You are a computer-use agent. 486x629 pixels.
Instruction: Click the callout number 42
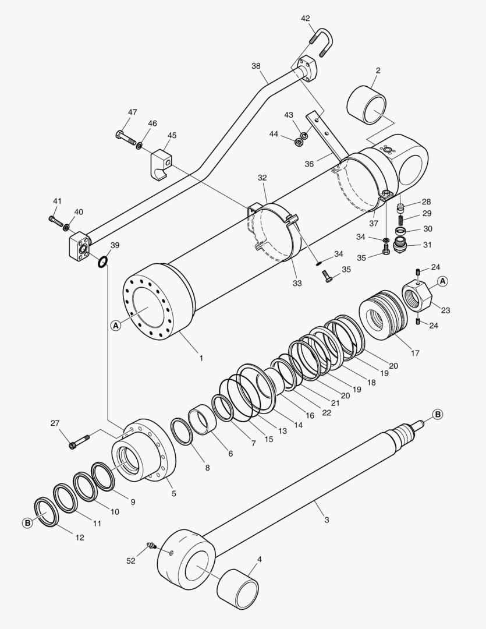pyautogui.click(x=305, y=18)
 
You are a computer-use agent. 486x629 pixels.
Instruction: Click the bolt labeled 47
pyautogui.click(x=126, y=138)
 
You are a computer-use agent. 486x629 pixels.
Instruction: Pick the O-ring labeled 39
pyautogui.click(x=102, y=262)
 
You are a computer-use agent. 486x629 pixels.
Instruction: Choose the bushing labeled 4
pyautogui.click(x=237, y=589)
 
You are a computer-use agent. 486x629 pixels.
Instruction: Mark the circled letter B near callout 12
pyautogui.click(x=27, y=523)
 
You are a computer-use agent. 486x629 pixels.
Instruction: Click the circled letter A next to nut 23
pyautogui.click(x=442, y=281)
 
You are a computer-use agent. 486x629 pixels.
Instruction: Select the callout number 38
pyautogui.click(x=256, y=66)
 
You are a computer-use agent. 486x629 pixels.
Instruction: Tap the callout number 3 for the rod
pyautogui.click(x=327, y=520)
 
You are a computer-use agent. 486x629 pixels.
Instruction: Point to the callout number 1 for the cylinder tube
pyautogui.click(x=201, y=358)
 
